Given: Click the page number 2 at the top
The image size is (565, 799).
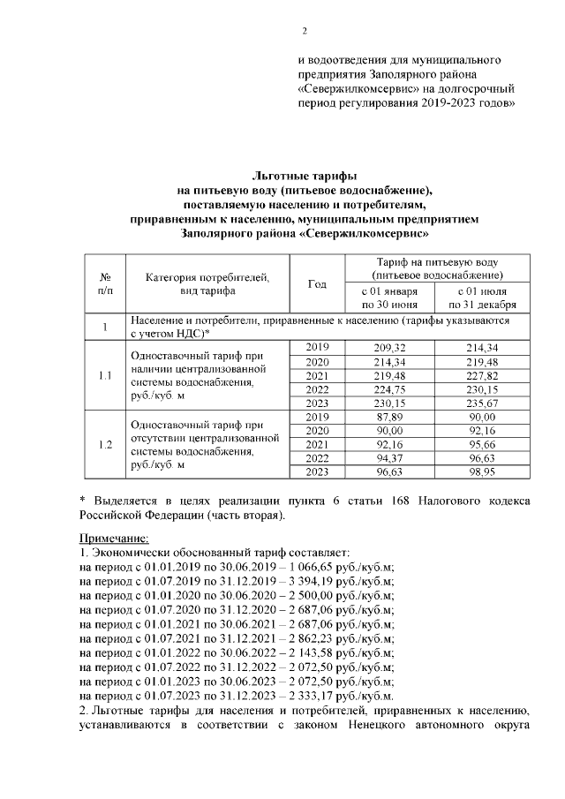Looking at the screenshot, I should tap(303, 33).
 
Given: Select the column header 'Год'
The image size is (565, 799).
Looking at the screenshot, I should tap(317, 283).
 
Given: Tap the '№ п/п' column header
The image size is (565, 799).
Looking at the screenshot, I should tap(105, 283).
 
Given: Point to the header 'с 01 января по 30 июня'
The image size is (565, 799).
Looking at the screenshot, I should tap(389, 298).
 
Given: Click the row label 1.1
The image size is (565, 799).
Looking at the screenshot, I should tap(105, 376).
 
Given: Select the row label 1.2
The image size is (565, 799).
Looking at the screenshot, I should tap(105, 445).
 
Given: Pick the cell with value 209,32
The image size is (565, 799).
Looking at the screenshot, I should tap(389, 348).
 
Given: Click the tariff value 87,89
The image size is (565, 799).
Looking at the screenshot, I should tap(389, 418).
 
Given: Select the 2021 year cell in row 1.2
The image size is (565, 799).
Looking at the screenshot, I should tap(317, 445).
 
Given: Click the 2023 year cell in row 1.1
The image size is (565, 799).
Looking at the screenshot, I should tap(317, 403).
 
